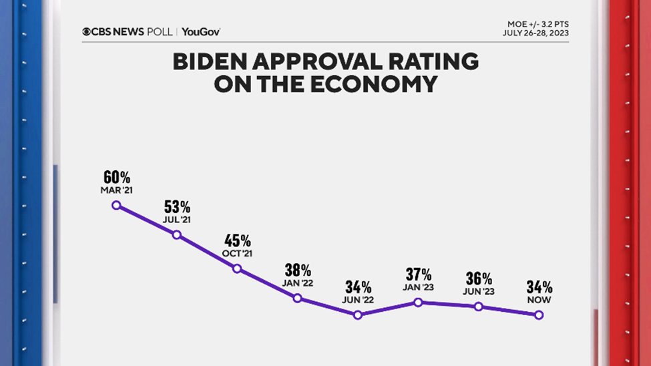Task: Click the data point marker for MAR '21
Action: [116, 205]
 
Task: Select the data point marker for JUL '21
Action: [176, 234]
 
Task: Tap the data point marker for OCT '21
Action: [237, 268]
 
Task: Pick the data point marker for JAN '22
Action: [297, 298]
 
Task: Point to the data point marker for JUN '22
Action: [358, 315]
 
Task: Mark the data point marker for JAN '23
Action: [418, 302]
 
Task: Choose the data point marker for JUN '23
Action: [478, 307]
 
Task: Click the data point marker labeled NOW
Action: [539, 315]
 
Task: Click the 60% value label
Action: [116, 177]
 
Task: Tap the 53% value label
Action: [176, 206]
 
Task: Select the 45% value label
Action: [237, 240]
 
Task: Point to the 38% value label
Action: [297, 270]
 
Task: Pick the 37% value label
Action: [418, 274]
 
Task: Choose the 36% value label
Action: [478, 278]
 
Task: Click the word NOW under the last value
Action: [539, 299]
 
